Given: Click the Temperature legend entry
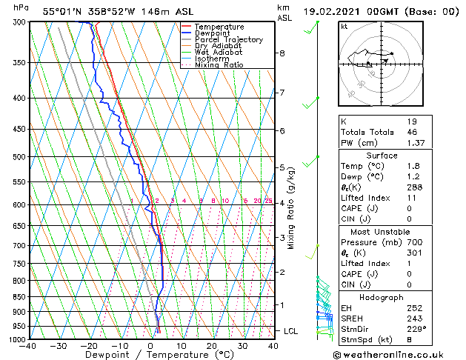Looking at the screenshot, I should click(219, 27).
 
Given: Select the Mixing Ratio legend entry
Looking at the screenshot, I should click(219, 65).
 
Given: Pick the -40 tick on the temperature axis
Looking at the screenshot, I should click(28, 347).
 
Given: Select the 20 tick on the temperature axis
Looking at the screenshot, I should click(212, 347).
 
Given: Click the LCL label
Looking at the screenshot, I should click(290, 331).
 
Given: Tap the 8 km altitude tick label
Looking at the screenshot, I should click(282, 53).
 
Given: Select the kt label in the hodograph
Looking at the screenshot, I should click(344, 26).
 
